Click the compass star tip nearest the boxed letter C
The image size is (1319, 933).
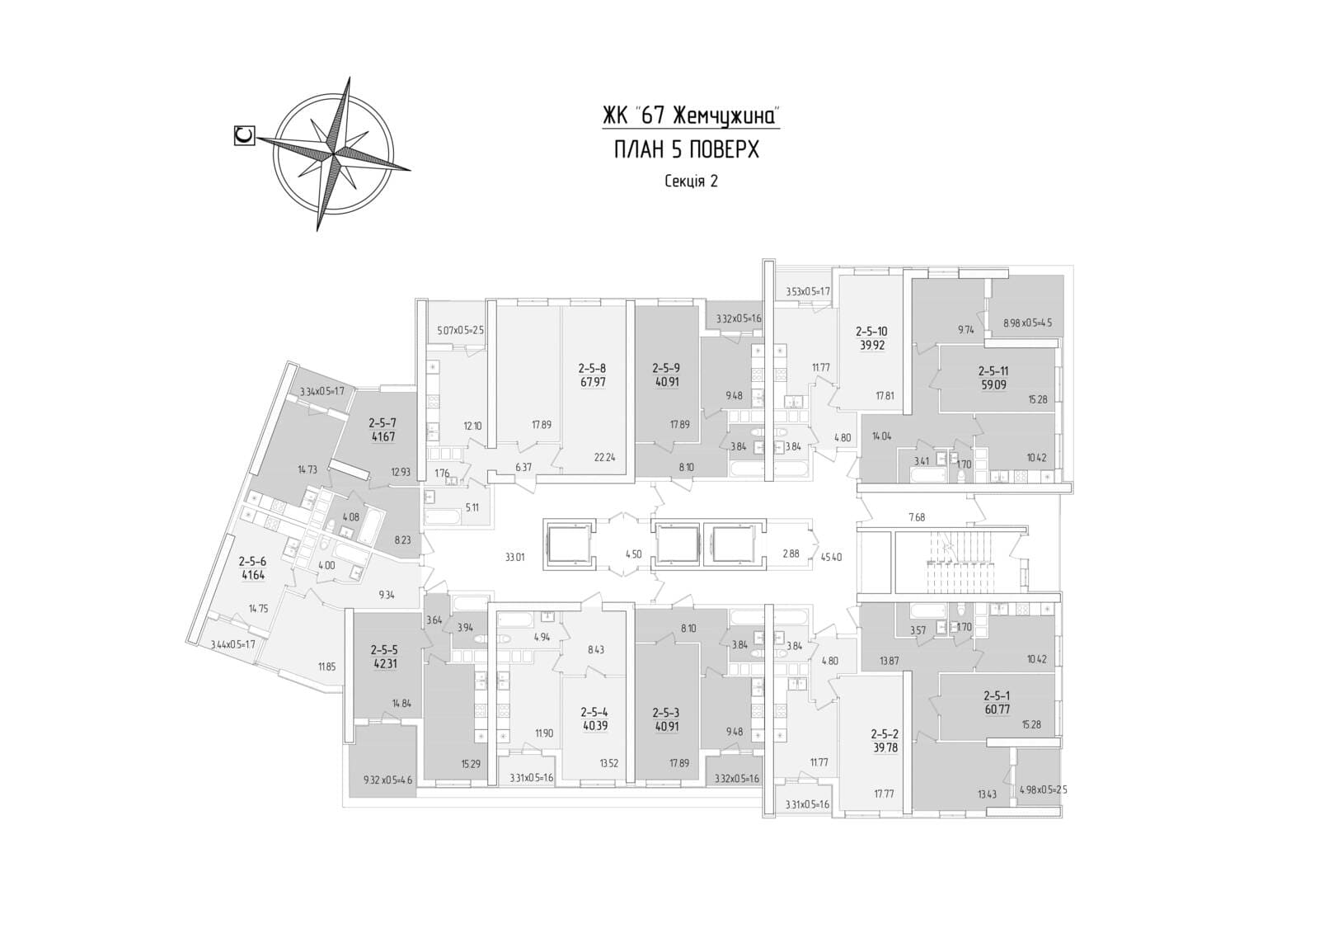coord(256,139)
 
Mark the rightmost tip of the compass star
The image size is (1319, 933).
coord(411,171)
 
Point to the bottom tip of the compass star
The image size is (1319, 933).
coord(317,231)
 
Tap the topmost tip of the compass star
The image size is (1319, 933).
coord(350,77)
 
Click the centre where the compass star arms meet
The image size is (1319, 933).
coord(334,153)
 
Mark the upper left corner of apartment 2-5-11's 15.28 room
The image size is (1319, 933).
coord(940,347)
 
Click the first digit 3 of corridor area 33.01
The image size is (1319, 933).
coord(508,556)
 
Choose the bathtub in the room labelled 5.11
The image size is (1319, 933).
coord(444,518)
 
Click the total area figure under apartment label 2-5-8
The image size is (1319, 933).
coord(593,383)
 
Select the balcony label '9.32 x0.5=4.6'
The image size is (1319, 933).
coord(388,780)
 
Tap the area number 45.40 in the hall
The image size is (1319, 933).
coord(830,556)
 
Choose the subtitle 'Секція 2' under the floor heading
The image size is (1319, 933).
coord(692,181)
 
